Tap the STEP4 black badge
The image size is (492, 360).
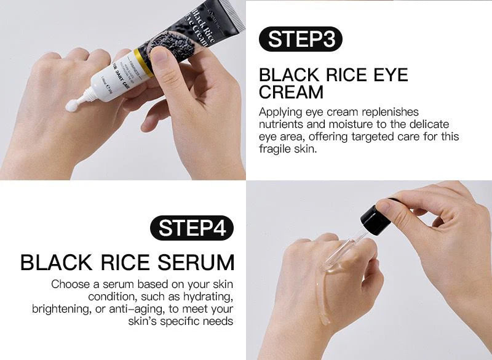192,228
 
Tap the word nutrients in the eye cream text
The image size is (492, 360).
281,124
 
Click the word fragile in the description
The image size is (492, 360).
275,150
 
